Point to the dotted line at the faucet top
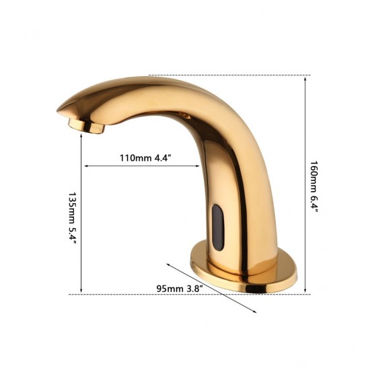(229, 76)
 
